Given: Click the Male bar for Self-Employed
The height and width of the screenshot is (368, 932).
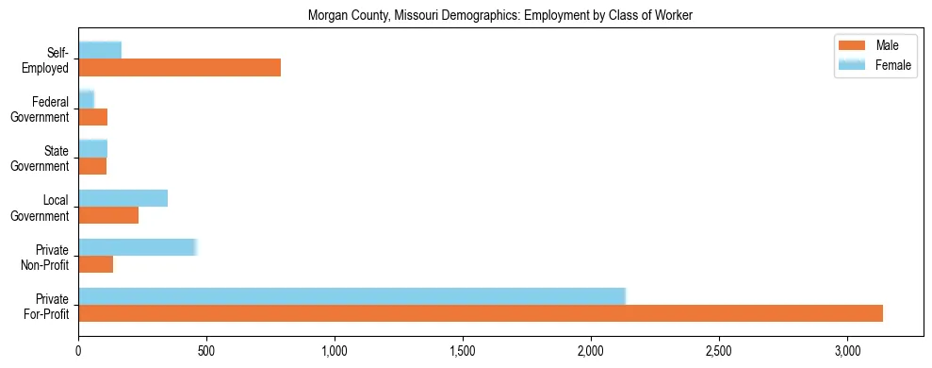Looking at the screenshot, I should [x=179, y=68].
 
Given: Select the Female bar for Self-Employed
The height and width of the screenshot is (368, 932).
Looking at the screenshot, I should [x=100, y=50].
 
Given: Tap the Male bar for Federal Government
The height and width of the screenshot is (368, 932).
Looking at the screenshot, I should [x=92, y=117].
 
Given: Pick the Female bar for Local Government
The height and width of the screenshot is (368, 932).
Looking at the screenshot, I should [x=123, y=197].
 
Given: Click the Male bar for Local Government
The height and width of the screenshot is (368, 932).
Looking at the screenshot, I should [x=108, y=215].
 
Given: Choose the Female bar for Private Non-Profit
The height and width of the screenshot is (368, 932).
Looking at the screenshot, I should [x=137, y=247].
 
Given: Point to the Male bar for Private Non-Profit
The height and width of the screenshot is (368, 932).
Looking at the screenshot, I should [x=95, y=264].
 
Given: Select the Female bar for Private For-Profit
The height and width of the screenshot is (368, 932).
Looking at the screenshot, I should [x=352, y=296].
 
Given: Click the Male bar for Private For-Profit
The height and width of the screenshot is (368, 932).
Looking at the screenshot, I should [x=481, y=313].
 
